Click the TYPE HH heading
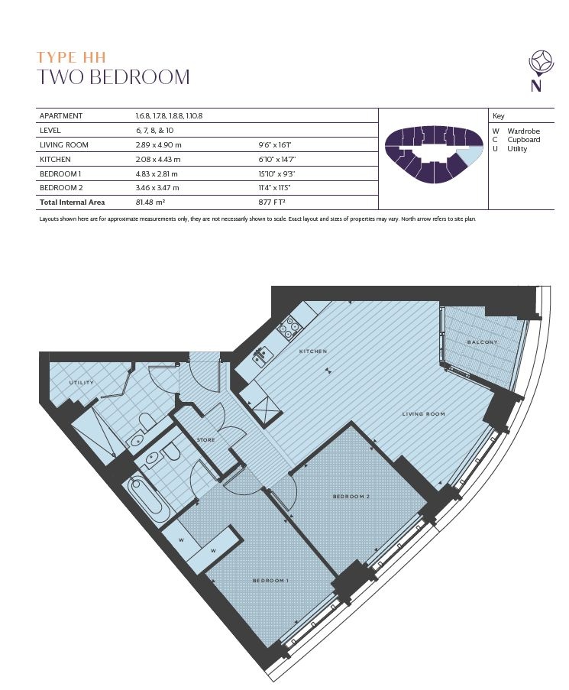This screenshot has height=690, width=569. coord(72,57)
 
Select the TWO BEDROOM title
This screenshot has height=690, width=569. coord(113,77)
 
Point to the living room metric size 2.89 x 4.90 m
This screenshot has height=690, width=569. coord(157,144)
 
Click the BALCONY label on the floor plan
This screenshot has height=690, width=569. coord(482,342)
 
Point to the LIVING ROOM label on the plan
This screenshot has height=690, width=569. coord(424,414)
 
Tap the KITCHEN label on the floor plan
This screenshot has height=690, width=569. coord(313,351)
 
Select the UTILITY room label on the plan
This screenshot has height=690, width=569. coord(82,383)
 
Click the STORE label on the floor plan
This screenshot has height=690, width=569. coord(205,440)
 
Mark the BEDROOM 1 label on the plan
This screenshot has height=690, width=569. coord(270,581)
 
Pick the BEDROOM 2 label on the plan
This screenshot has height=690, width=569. coord(351,497)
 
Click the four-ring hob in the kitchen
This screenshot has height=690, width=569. coord(289,326)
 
